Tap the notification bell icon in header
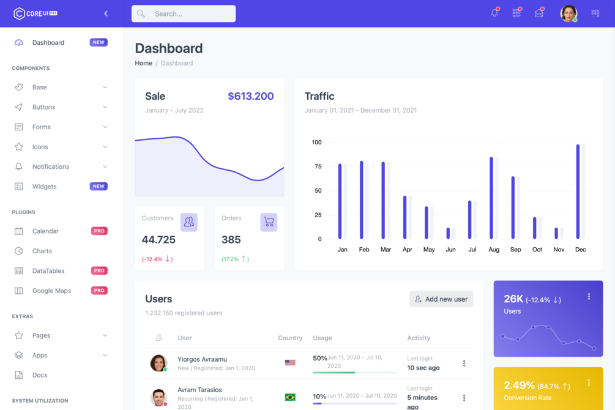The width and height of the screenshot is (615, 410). click(494, 13)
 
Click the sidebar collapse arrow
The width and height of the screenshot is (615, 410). click(106, 13)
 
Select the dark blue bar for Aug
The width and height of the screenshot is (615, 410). click(491, 198)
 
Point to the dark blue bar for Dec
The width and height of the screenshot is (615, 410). click(578, 192)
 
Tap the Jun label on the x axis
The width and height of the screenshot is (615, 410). click(450, 250)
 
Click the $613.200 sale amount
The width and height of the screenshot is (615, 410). click(250, 96)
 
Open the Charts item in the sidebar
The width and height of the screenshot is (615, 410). click(42, 251)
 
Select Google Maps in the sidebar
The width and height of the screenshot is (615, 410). click(51, 291)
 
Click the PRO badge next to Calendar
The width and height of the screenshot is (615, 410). click(99, 231)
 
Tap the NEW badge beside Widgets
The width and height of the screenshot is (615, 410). click(99, 187)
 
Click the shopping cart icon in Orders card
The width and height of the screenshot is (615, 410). click(269, 222)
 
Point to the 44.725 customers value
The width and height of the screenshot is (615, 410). click(158, 240)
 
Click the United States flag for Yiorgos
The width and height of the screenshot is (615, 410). click(290, 362)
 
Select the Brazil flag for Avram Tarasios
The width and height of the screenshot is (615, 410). click(290, 397)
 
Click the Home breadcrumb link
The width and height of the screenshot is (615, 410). click(143, 63)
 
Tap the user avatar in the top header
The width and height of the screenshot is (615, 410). click(568, 13)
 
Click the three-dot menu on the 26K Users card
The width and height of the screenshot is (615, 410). click(589, 297)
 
